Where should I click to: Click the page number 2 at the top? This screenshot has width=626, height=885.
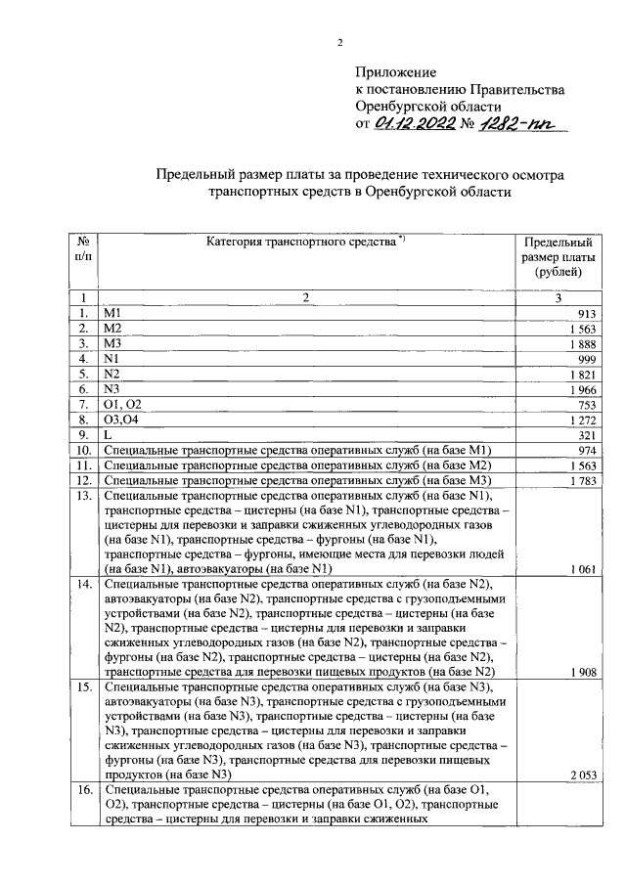339,41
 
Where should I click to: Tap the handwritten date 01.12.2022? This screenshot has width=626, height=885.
415,123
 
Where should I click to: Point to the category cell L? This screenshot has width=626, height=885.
107,434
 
